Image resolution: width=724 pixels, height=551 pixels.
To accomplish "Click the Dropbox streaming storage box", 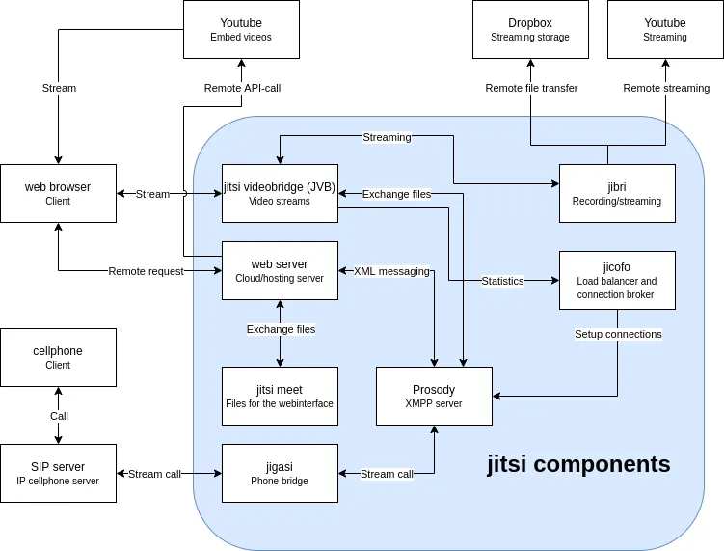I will (x=530, y=29).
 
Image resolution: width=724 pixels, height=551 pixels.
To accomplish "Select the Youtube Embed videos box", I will (x=241, y=29).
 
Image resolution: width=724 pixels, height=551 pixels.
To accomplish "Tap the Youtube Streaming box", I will (x=665, y=29).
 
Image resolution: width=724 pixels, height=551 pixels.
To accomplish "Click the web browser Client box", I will (x=58, y=193).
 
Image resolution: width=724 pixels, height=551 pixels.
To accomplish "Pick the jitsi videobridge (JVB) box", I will (x=280, y=193).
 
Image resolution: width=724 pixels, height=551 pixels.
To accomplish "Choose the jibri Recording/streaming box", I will (x=617, y=193).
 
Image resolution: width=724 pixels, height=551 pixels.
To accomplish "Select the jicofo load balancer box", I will (x=617, y=280).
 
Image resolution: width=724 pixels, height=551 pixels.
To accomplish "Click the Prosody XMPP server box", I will (x=434, y=396).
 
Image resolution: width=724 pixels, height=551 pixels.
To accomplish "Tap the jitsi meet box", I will (x=280, y=396).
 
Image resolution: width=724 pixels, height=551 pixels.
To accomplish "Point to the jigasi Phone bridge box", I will (x=280, y=473).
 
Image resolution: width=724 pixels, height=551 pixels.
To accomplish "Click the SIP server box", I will (x=58, y=473).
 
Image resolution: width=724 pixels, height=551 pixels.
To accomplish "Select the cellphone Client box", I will (x=58, y=357).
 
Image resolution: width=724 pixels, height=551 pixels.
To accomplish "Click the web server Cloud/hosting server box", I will (x=280, y=270).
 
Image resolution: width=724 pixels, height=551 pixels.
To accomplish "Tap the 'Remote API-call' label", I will (x=242, y=88).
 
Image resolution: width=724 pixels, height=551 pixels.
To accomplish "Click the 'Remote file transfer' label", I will (x=531, y=88).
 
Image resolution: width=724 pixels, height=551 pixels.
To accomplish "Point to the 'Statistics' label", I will (x=502, y=281).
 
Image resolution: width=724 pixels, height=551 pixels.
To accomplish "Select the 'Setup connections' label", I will (x=618, y=334).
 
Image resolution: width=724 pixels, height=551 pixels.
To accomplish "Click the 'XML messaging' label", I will (x=391, y=271).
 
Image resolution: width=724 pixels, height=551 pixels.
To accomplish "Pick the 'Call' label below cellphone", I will (x=59, y=416).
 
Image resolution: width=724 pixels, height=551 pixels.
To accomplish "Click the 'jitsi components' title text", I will (x=577, y=464).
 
